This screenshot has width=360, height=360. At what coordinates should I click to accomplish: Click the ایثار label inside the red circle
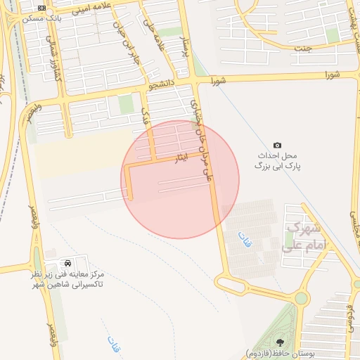point(181,159)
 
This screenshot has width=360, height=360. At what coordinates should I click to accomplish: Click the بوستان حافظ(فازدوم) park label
point(278,353)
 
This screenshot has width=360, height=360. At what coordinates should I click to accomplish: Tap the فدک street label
point(145,112)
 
